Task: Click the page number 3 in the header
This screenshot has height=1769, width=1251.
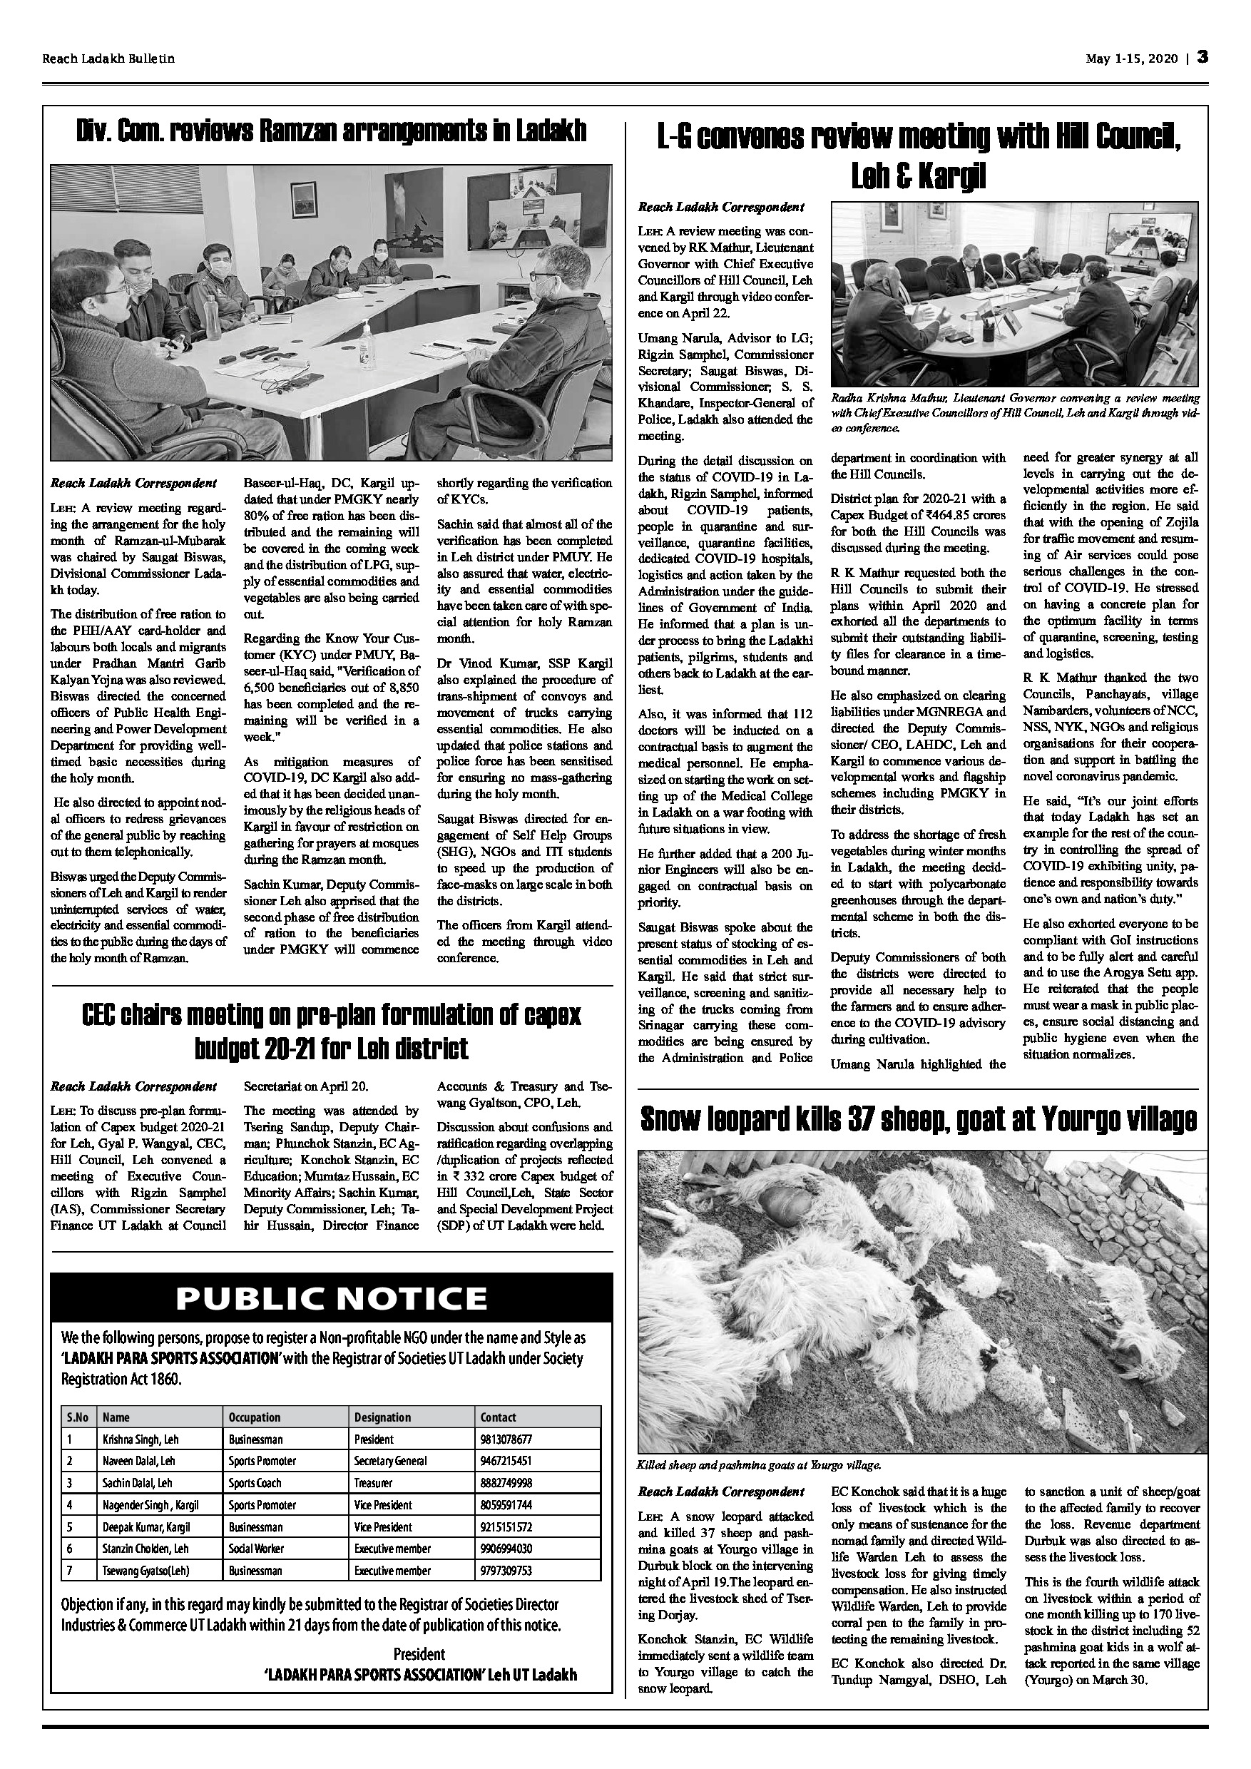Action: [x=1202, y=58]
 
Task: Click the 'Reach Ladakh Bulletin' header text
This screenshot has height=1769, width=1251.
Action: [x=108, y=59]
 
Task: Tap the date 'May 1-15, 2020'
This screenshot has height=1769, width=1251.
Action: [x=1132, y=59]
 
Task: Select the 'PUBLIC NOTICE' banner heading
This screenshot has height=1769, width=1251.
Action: [x=331, y=1299]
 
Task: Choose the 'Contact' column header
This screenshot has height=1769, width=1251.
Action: [x=498, y=1417]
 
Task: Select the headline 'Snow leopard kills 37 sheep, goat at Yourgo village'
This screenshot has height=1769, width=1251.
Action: [x=918, y=1121]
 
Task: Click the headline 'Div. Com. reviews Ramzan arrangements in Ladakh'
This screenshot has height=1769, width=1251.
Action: [x=331, y=132]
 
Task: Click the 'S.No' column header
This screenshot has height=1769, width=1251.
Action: [x=77, y=1417]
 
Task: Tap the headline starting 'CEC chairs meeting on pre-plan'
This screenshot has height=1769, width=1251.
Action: [x=331, y=1031]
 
